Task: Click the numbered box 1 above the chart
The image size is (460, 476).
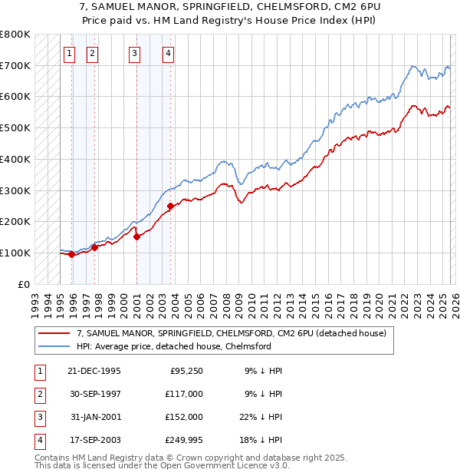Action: tap(70, 54)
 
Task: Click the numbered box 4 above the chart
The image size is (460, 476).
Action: tap(168, 54)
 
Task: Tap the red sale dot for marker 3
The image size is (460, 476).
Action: tap(136, 237)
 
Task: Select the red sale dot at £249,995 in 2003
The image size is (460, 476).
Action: tap(170, 206)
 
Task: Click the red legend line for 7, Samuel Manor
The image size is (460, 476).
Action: tap(54, 333)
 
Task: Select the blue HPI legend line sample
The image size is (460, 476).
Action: tap(54, 346)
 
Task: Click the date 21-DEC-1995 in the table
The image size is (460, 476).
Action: tap(94, 371)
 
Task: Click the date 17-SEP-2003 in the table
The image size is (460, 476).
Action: tap(94, 440)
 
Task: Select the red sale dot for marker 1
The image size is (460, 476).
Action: tap(71, 255)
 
